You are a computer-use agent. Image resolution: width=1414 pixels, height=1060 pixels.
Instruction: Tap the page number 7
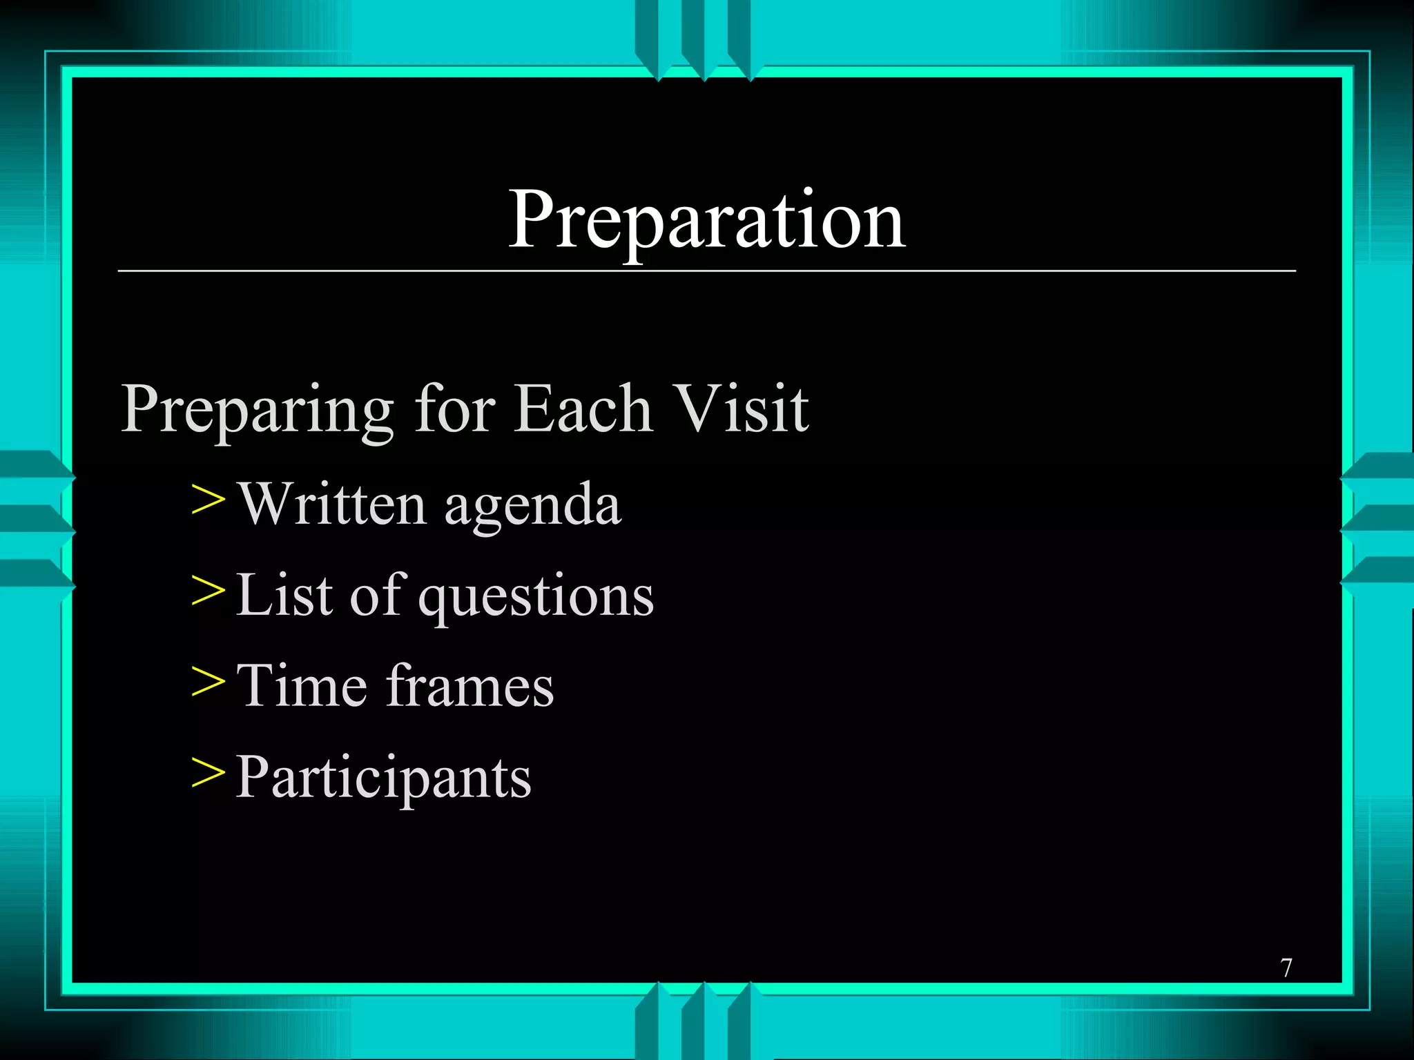pyautogui.click(x=1286, y=968)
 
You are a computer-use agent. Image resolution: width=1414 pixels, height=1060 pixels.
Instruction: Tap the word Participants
pyautogui.click(x=383, y=778)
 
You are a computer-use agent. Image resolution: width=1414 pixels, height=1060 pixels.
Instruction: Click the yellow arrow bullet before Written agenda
pyautogui.click(x=208, y=500)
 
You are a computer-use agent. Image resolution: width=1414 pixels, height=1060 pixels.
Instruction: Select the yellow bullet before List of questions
pyautogui.click(x=208, y=591)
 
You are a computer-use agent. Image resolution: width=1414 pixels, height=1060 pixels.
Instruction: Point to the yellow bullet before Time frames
pyautogui.click(x=208, y=682)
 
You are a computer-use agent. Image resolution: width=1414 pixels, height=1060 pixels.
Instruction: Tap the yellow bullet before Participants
pyautogui.click(x=208, y=773)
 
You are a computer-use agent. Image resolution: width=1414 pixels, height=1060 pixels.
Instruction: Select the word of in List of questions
pyautogui.click(x=375, y=594)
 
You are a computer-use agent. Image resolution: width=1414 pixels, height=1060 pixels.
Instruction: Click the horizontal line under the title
pyautogui.click(x=706, y=271)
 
